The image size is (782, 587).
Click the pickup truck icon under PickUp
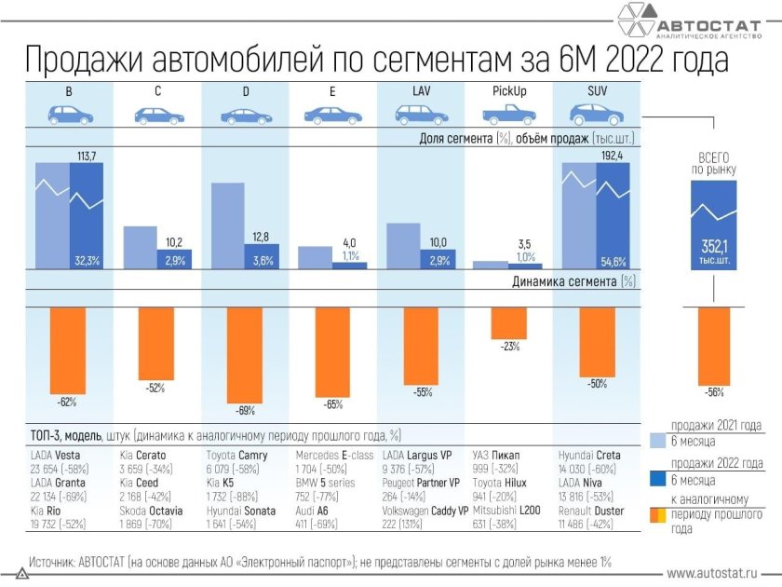[509, 115]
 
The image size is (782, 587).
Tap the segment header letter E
[332, 91]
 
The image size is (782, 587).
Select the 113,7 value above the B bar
[87, 155]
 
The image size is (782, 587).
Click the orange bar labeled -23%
[509, 322]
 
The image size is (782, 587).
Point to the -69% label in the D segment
[245, 410]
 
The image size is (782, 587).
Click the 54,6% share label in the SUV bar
[613, 262]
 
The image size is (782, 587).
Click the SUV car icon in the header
[597, 115]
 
